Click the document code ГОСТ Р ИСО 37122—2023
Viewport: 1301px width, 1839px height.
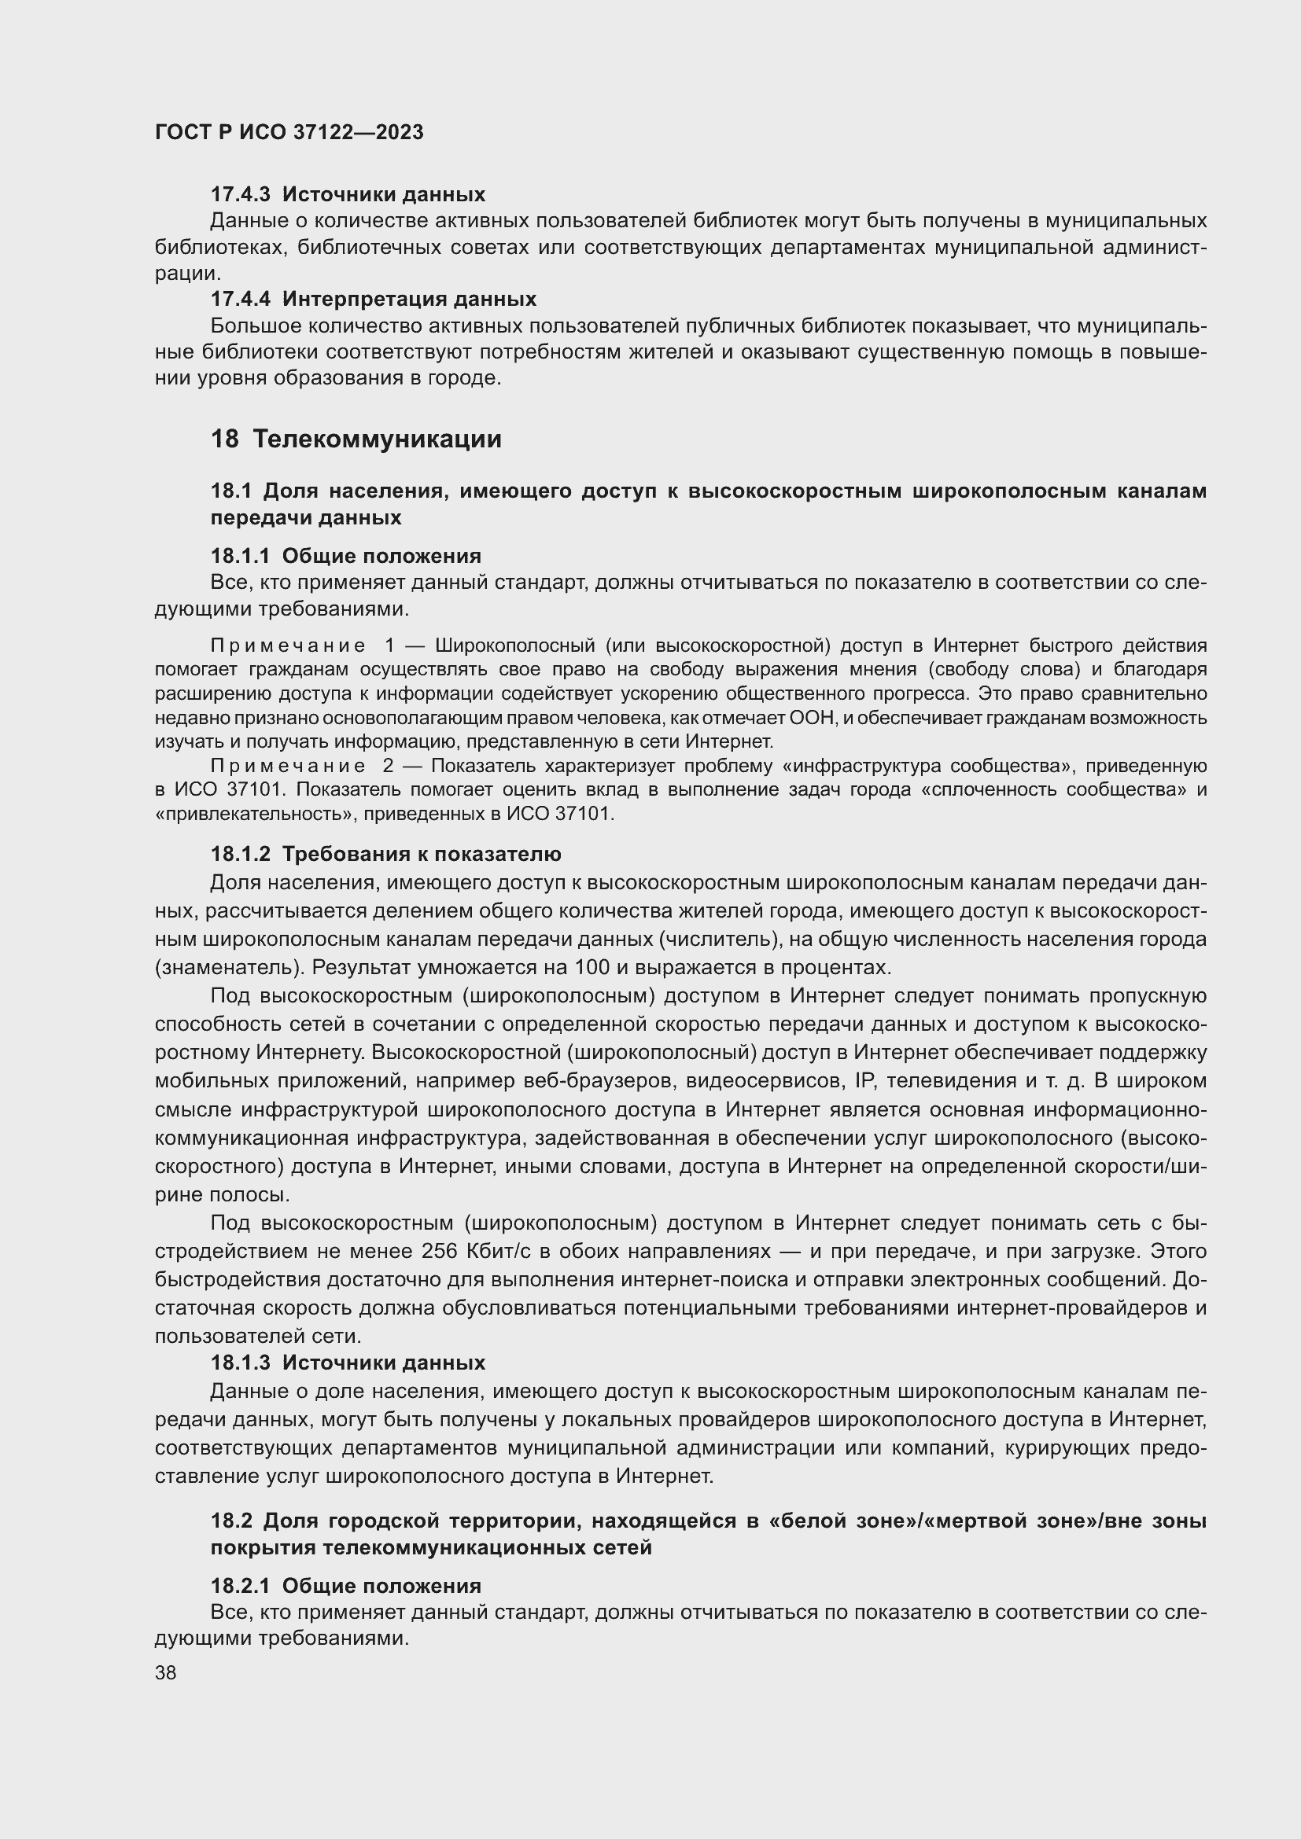[x=289, y=132]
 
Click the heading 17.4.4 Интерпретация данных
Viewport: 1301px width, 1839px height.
[x=374, y=300]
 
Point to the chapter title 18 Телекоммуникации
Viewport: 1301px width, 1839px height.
[x=356, y=439]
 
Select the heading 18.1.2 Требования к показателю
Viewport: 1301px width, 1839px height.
[x=385, y=854]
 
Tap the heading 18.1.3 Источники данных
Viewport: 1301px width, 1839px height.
[x=348, y=1363]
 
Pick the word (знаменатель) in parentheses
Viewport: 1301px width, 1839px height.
[x=230, y=968]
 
